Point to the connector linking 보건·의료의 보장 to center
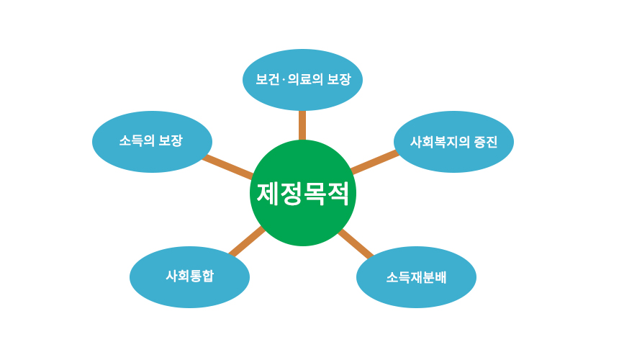coord(302,125)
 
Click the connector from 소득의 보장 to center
coord(227,166)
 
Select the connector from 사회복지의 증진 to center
coord(374,162)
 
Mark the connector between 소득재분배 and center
coord(355,243)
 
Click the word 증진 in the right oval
coord(485,142)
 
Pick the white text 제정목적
coord(302,193)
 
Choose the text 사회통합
coord(189,276)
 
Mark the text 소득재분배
coord(416,277)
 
